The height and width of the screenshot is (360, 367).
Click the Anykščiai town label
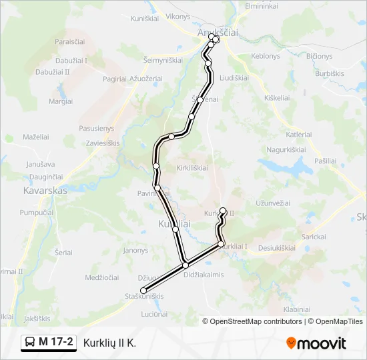coord(218,31)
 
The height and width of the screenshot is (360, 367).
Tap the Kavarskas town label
coord(45,190)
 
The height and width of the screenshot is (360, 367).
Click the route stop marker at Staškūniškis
coord(143,290)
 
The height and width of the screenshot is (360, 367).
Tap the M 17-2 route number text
coord(56,343)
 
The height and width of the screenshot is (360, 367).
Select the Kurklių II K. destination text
coord(109,343)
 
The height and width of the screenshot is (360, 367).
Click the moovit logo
coord(316,343)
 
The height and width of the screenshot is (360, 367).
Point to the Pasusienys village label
coord(96,128)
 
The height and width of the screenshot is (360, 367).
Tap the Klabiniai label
coord(297,309)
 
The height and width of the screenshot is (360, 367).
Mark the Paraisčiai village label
coord(71,41)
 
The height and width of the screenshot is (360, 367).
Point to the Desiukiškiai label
coord(276,247)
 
